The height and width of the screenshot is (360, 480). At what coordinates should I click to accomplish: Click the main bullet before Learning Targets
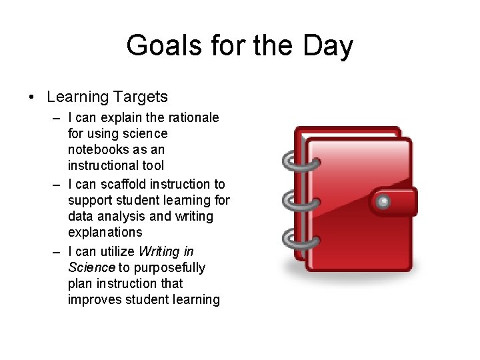tap(31, 97)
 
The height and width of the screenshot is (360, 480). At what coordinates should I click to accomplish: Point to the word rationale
tap(191, 117)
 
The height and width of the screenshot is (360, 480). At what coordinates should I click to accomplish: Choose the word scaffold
tap(124, 184)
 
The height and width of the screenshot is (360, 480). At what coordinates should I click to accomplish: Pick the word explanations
tap(105, 232)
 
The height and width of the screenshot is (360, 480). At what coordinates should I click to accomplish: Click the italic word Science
tap(91, 267)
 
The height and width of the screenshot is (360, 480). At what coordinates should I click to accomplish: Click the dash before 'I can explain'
tap(58, 118)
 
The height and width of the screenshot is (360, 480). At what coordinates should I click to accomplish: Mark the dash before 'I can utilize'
tap(58, 252)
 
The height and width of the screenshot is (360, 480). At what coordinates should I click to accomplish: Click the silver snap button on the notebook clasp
tap(383, 201)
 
